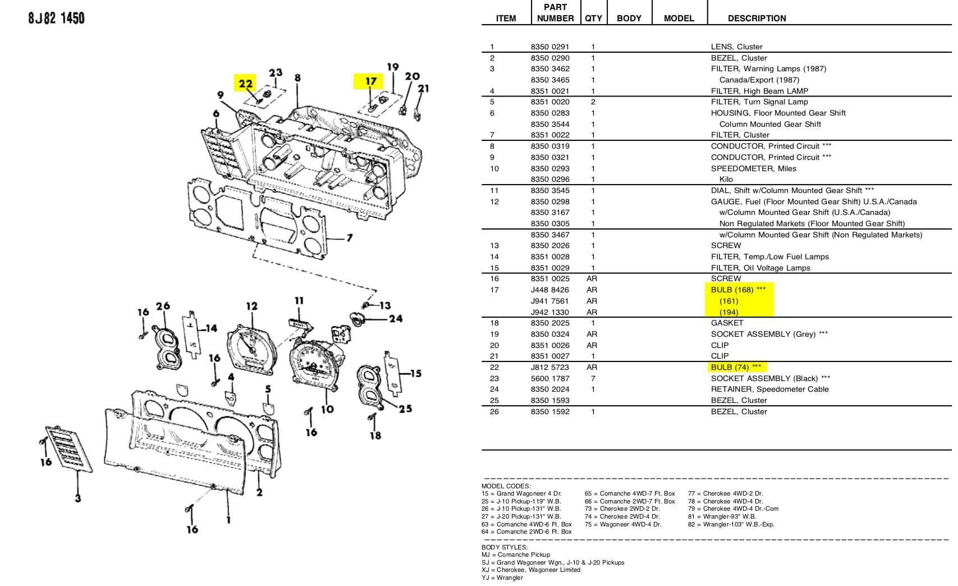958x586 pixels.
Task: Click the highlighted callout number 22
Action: coord(245,83)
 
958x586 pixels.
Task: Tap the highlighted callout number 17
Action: coord(371,81)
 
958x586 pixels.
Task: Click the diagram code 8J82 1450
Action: coord(57,18)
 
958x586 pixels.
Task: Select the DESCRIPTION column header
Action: coord(757,19)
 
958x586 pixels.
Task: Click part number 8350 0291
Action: coord(550,47)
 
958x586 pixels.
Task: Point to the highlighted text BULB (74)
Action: coord(736,367)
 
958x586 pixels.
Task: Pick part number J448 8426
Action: coord(550,290)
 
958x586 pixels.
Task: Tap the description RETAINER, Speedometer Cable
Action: coord(769,389)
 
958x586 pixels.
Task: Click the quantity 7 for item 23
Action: coord(593,378)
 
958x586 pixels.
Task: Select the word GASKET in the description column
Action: coord(727,323)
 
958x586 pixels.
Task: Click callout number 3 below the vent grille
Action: coord(78,498)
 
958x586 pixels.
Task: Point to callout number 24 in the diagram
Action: coord(396,318)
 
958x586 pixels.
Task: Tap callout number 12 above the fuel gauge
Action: coord(252,306)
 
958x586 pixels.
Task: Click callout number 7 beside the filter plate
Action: coord(350,237)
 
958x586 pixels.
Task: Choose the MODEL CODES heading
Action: coord(506,486)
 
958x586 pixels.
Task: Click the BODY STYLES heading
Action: coord(505,547)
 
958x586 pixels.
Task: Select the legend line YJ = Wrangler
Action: coord(502,578)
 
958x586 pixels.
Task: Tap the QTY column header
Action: coord(593,19)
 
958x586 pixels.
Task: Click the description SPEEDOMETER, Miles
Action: coord(753,168)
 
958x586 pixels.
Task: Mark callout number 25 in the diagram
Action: coord(405,409)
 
